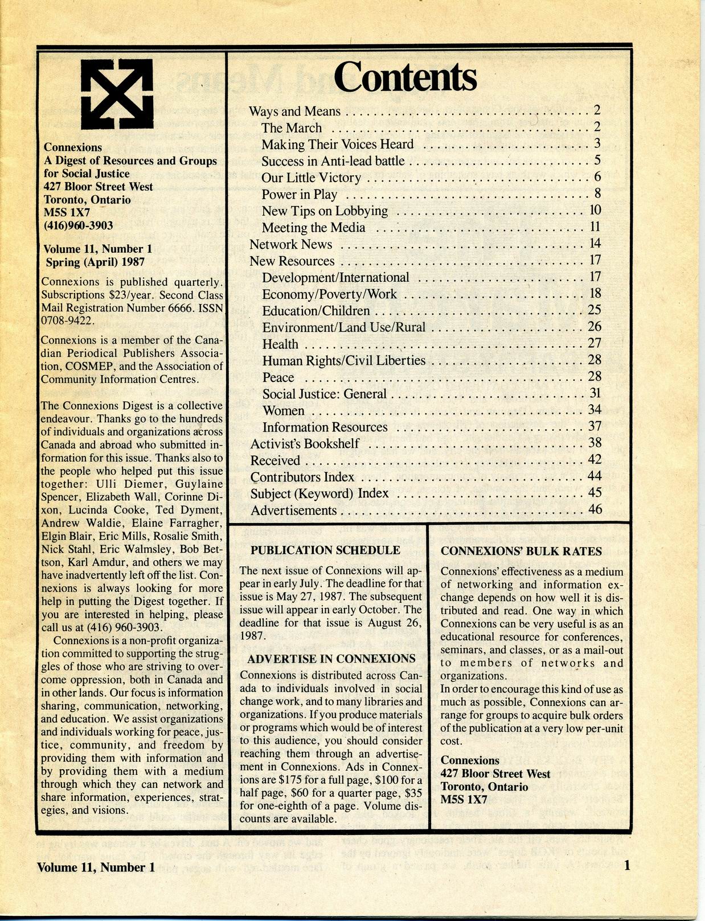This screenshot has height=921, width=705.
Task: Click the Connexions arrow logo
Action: (117, 94)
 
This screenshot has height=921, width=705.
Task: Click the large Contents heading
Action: (405, 78)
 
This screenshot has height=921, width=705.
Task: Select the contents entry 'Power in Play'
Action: (299, 195)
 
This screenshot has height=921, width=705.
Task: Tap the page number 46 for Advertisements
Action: (595, 509)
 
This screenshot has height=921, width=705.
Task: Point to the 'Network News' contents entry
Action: (290, 244)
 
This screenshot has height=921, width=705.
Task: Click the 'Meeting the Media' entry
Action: (313, 228)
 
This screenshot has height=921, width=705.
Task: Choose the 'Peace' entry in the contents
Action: (278, 377)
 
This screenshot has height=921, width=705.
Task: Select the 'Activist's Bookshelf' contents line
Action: (305, 443)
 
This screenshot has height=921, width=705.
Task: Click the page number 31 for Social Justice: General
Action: (595, 393)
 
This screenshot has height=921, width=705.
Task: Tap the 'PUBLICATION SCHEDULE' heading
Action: (325, 550)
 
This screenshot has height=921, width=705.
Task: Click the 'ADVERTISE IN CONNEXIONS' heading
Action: (331, 659)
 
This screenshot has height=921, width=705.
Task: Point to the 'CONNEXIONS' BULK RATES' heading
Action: (521, 551)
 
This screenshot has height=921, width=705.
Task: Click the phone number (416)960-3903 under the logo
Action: (78, 225)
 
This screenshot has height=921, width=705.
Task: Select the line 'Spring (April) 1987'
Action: (95, 262)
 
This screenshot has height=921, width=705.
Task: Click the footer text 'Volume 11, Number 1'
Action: (96, 867)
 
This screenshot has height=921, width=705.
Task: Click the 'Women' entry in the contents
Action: (283, 410)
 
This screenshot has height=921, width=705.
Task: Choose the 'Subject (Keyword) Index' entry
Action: (319, 493)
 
